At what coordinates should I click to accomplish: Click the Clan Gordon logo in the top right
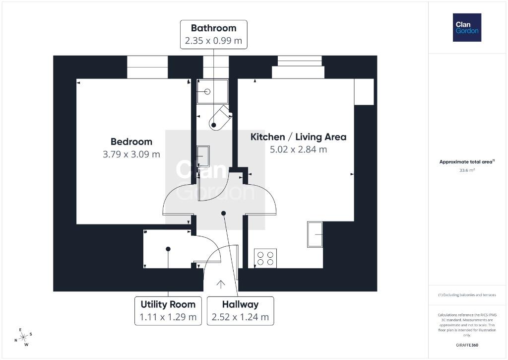tap(467, 28)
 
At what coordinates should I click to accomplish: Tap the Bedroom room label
tap(131, 142)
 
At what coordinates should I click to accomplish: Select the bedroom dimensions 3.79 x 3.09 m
tap(131, 154)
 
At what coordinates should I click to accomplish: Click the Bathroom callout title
tap(213, 28)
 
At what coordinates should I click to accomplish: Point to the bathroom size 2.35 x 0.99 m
tap(213, 41)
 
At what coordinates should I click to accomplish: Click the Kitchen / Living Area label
tap(298, 137)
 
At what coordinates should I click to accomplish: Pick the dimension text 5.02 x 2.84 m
tap(298, 149)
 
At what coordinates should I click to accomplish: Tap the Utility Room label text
tap(168, 304)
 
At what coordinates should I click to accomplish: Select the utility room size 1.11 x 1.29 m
tap(168, 317)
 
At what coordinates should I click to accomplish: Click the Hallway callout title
tap(241, 304)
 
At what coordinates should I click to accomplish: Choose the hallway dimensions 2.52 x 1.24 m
tap(241, 317)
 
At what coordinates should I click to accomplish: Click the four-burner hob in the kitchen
tap(265, 258)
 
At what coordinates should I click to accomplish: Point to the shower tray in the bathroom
tap(212, 92)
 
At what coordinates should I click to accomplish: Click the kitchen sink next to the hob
tap(315, 234)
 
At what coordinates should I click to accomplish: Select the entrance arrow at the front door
tap(221, 284)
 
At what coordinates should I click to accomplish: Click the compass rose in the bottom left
tap(23, 337)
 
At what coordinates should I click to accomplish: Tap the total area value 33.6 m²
tap(467, 170)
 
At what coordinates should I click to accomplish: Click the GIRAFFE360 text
tap(467, 345)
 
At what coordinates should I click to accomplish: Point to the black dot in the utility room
tap(168, 249)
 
